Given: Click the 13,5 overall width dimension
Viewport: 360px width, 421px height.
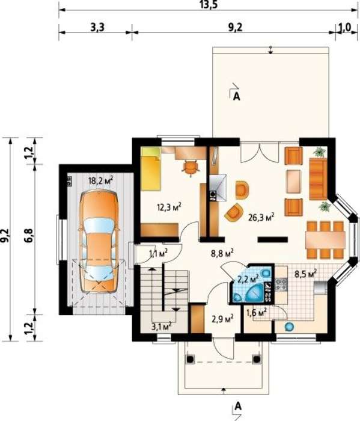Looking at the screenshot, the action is coord(208,5).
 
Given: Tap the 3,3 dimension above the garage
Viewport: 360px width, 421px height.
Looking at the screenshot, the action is coord(97,27).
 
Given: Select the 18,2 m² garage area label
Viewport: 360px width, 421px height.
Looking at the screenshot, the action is coord(100,180).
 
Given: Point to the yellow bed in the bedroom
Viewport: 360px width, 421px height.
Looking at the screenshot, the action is coord(150,169).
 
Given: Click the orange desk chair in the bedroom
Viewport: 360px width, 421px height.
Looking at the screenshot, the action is coord(191,168).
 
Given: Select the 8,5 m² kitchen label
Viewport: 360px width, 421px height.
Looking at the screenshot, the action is coord(305,274).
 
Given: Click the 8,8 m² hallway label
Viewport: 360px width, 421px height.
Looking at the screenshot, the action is coord(222,253).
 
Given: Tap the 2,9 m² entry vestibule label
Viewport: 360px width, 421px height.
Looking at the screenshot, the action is coord(222,319).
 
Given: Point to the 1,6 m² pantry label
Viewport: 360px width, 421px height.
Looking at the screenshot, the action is coord(257,312).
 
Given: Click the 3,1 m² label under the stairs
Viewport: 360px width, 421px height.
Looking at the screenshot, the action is coord(161,326).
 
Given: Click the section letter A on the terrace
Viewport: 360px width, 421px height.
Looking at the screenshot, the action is coord(237,97).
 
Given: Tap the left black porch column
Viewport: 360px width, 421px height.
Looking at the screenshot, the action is coord(191,359).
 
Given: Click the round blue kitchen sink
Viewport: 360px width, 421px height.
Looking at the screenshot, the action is coord(289,327).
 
